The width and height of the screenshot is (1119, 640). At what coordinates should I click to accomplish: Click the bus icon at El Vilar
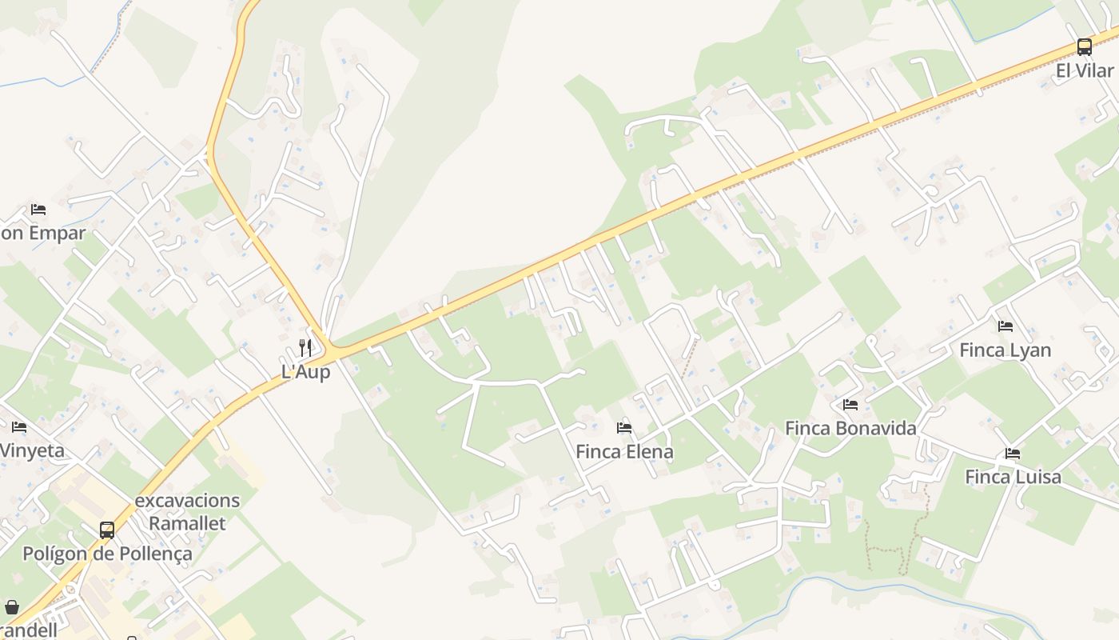[1084, 47]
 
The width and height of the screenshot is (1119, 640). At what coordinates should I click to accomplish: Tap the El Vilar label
[1085, 70]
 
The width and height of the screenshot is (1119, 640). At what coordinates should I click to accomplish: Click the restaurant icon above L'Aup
[305, 348]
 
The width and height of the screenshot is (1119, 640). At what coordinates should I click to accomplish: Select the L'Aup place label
[305, 372]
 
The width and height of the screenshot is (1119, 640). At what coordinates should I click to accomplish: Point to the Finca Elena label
[624, 452]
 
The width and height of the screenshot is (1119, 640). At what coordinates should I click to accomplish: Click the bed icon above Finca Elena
[624, 428]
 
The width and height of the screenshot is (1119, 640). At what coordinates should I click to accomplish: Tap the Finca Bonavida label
[850, 428]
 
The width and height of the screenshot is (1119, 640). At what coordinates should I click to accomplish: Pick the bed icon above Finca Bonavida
[850, 405]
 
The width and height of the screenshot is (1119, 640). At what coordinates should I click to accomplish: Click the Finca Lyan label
[1005, 350]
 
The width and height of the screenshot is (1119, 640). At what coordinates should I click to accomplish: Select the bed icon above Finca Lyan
[1005, 326]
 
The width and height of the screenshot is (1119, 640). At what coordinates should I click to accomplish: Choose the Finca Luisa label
[1013, 477]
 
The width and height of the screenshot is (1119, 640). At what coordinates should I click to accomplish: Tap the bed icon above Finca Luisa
[1013, 454]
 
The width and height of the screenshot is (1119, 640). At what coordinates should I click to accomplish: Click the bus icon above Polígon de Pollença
[106, 530]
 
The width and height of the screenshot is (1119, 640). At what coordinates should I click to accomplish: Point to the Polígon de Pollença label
[107, 554]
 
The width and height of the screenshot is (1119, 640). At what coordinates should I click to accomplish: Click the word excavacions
[187, 501]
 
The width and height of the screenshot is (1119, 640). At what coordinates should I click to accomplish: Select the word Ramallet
[187, 523]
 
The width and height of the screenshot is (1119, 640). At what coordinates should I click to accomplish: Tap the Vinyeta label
[32, 450]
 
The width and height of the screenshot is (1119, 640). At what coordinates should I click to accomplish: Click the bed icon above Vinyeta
[19, 427]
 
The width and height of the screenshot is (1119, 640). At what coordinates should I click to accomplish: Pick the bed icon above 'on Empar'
[38, 210]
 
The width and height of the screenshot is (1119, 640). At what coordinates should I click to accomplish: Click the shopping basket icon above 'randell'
[11, 607]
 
